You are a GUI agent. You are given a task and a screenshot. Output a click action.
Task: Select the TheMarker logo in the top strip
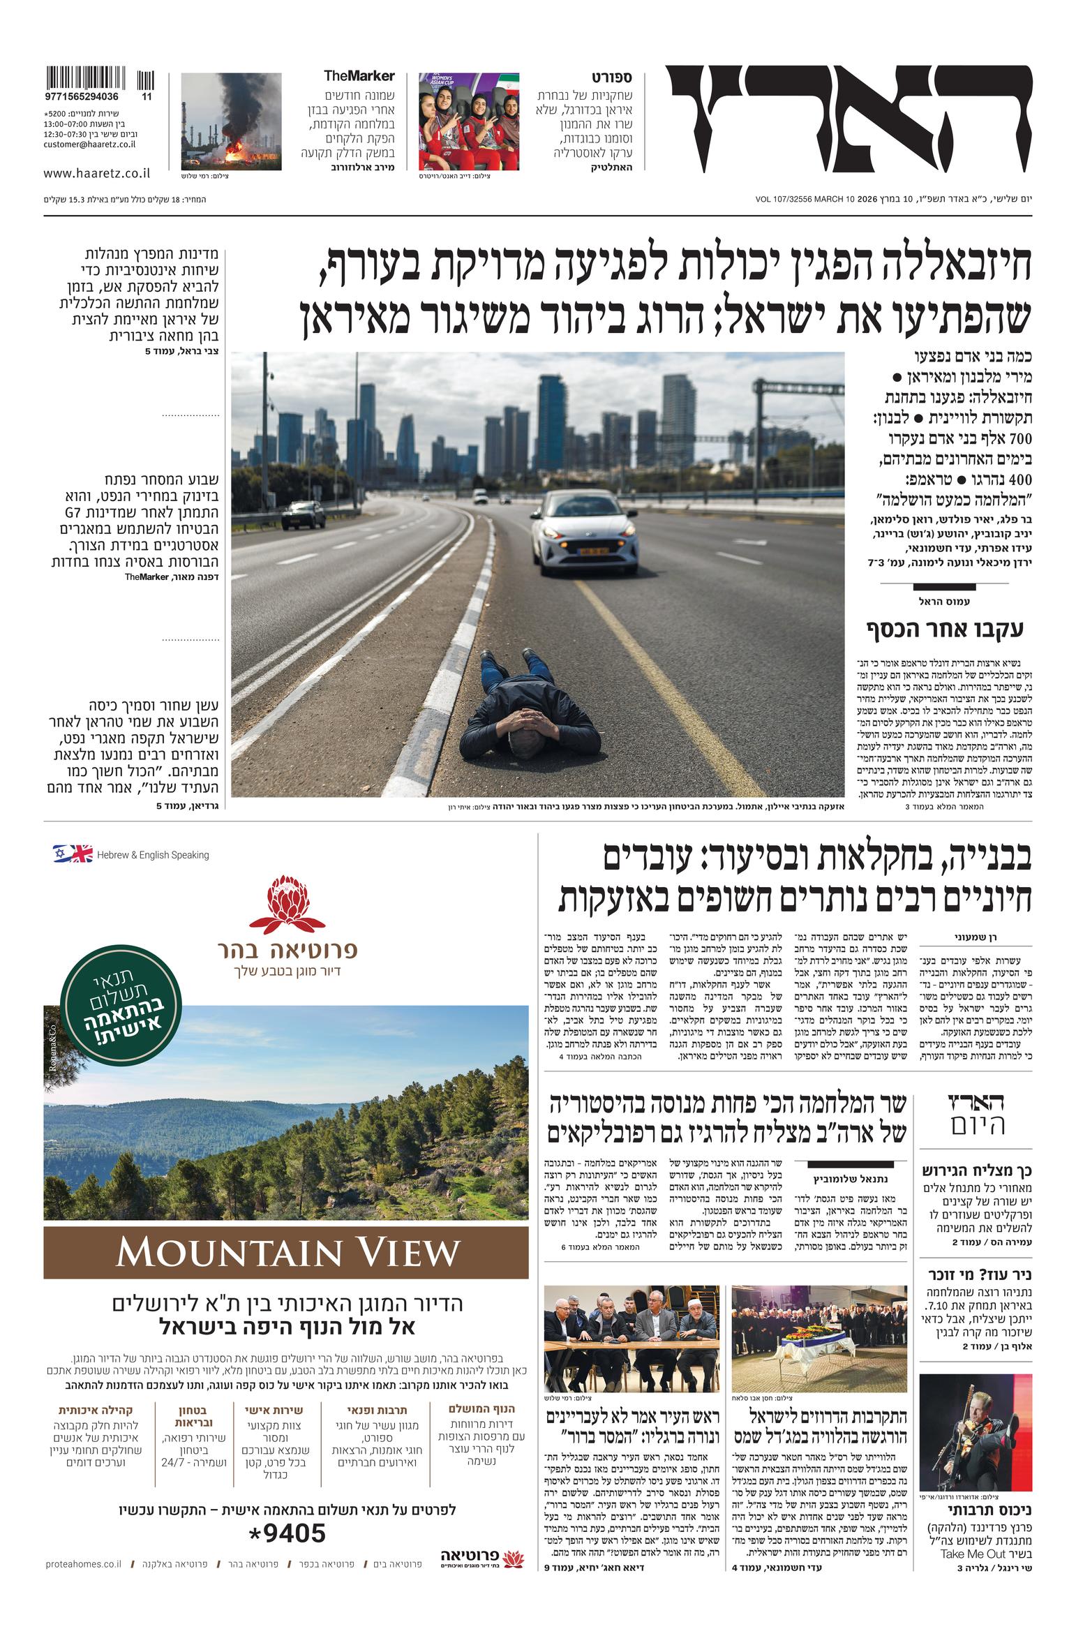coord(359,76)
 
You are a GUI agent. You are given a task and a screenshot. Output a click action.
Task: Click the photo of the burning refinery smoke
coord(231,121)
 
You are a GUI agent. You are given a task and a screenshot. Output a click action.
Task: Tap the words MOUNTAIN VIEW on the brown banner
coord(287,1254)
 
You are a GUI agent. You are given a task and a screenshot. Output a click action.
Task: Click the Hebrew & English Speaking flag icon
coord(73,854)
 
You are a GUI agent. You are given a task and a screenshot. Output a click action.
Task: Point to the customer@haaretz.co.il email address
coord(89,144)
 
